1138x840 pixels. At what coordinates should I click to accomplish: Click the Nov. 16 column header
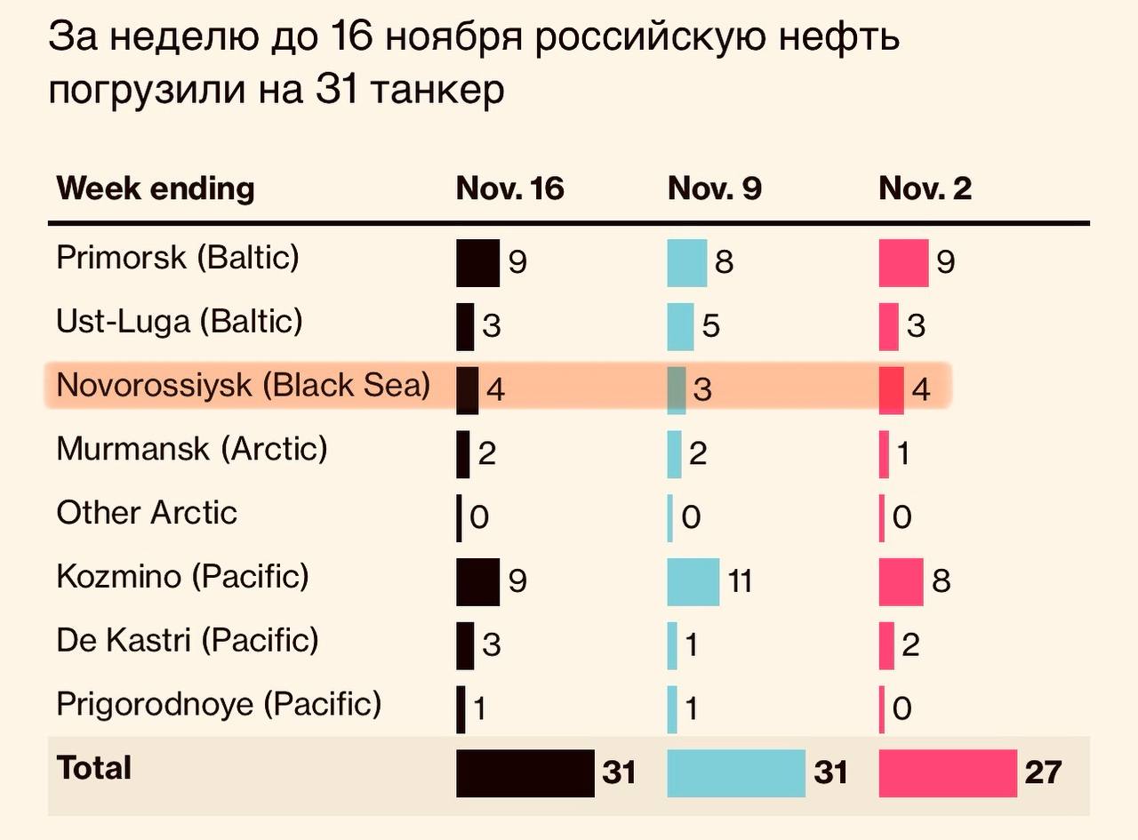pos(509,188)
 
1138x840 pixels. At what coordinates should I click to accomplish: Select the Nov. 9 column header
pos(714,188)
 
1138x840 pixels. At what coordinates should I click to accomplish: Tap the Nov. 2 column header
pos(925,188)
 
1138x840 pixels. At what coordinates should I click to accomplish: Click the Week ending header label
pos(155,188)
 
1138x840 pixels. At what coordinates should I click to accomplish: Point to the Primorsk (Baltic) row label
pos(178,258)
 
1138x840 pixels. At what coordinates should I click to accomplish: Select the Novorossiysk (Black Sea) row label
pos(244,385)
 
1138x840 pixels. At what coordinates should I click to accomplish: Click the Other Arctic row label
pos(147,513)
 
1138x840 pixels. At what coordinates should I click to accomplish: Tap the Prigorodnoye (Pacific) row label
pos(219,704)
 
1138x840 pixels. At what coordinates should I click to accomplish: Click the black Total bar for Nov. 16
pos(525,772)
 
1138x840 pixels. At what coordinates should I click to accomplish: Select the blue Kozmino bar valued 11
pos(693,581)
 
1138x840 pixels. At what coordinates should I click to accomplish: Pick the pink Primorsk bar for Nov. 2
pos(902,263)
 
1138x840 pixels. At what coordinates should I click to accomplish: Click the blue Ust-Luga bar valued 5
pos(680,326)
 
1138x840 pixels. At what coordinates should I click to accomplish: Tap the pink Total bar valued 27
pos(947,772)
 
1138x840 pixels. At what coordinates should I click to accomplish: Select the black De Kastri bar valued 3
pos(465,645)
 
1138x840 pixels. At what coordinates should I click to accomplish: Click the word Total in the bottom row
pos(93,767)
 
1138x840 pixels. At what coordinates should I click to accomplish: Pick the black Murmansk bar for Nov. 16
pos(462,454)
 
